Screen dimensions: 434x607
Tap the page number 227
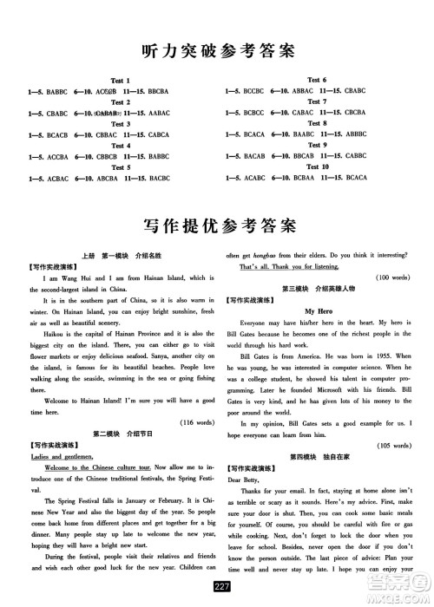pyautogui.click(x=217, y=593)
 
